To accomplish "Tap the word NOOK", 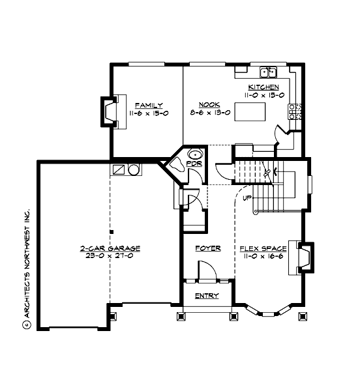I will click(209, 105).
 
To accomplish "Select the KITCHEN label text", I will click(263, 87).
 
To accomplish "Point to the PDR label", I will click(192, 164).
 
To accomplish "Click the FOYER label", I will click(208, 248).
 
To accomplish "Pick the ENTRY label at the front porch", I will click(207, 296).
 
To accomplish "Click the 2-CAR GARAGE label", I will click(110, 248).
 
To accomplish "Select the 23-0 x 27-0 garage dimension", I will click(110, 256).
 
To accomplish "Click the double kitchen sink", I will click(269, 72).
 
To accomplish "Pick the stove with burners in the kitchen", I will click(294, 111).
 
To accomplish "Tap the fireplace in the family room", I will click(108, 111).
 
